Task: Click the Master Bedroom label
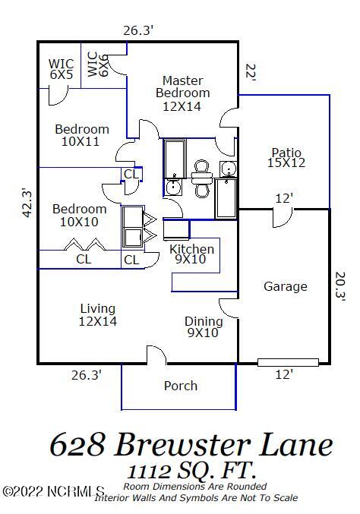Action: pos(182,93)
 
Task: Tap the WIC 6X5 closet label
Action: pos(62,69)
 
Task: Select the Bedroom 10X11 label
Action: pos(81,135)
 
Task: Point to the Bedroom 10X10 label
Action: pos(79,215)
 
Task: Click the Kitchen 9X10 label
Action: pos(192,254)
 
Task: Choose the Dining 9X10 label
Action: pos(204,326)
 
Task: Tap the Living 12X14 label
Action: pos(98,314)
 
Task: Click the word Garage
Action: pos(286,286)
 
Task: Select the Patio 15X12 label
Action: pos(286,157)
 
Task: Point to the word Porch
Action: pos(181,386)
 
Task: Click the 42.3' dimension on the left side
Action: pos(27,202)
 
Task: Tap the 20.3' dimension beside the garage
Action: pos(340,286)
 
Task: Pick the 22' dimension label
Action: pos(251,73)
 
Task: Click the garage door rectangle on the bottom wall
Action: pos(288,362)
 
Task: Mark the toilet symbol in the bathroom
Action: pos(201,178)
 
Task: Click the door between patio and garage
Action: pos(283,217)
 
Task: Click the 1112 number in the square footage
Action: pos(149,471)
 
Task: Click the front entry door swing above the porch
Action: pos(156,355)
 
